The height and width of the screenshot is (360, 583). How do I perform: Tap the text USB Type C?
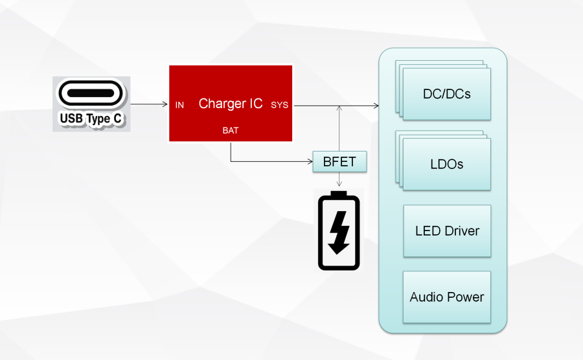tap(91, 118)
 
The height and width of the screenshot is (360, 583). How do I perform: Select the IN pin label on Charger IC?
tap(179, 105)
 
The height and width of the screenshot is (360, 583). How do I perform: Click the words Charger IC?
tap(231, 104)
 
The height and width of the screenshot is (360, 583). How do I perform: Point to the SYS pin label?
tap(280, 105)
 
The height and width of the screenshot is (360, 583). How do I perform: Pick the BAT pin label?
tap(231, 130)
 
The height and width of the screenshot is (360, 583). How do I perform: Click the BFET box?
tap(339, 162)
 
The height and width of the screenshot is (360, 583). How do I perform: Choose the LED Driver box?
tap(447, 231)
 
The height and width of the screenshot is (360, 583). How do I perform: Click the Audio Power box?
tap(446, 297)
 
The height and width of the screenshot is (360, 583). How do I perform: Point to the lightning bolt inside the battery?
tap(339, 232)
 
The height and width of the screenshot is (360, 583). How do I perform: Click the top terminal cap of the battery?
tap(338, 194)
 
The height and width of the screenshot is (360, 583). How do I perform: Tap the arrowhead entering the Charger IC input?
tap(165, 104)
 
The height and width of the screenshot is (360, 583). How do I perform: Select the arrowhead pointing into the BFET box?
tap(310, 162)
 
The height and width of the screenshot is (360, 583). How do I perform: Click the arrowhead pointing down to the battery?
tap(339, 183)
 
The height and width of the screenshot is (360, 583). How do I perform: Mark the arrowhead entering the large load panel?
tap(376, 106)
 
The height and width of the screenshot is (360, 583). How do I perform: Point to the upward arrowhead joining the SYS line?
tap(339, 109)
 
